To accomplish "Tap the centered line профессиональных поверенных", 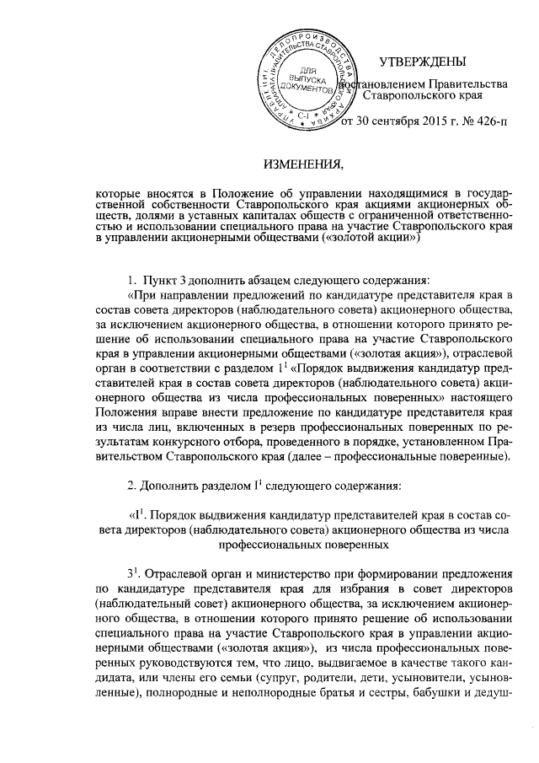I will pos(301,545).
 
